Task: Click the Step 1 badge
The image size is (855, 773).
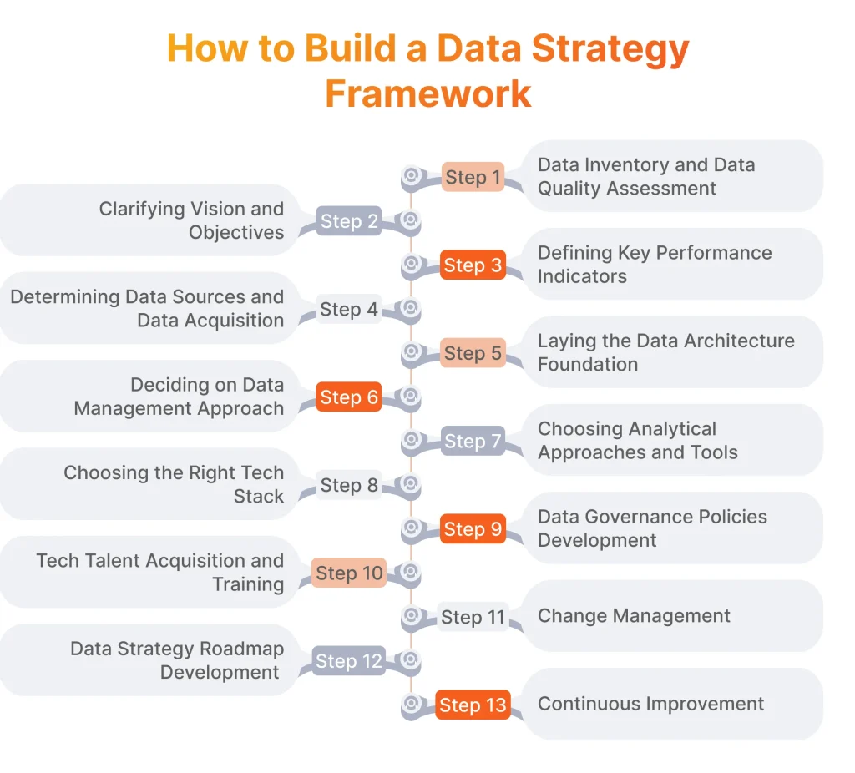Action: (x=473, y=177)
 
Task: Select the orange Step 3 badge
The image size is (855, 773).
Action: (x=473, y=265)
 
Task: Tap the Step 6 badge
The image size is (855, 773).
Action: (x=349, y=397)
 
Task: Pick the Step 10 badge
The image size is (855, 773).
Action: (x=349, y=573)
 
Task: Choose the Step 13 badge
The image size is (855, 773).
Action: (x=473, y=705)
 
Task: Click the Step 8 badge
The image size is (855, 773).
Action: (x=349, y=485)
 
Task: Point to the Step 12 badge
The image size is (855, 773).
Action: (x=348, y=661)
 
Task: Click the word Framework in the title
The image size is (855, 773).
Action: (x=427, y=93)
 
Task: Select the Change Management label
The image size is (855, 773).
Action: (x=634, y=616)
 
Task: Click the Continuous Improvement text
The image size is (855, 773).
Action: (x=650, y=704)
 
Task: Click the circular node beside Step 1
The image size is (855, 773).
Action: (x=411, y=177)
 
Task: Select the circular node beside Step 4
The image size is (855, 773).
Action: (x=410, y=309)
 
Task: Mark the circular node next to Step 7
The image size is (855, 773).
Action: (x=411, y=441)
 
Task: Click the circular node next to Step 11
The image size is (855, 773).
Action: (x=411, y=617)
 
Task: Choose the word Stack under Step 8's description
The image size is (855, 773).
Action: (x=259, y=496)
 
